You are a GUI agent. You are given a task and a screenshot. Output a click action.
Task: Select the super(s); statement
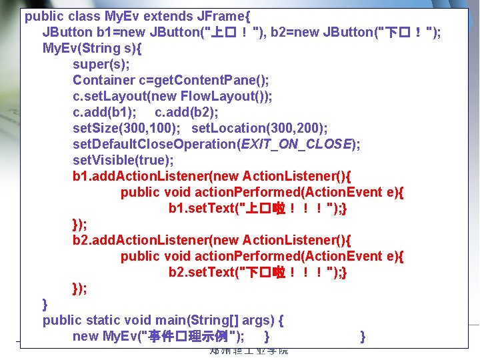pos(101,64)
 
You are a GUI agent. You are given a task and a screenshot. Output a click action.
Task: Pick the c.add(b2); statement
pos(186,112)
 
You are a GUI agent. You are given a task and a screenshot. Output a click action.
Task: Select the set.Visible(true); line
pos(123,160)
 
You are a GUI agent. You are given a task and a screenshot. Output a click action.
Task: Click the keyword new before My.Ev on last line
pos(85,336)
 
